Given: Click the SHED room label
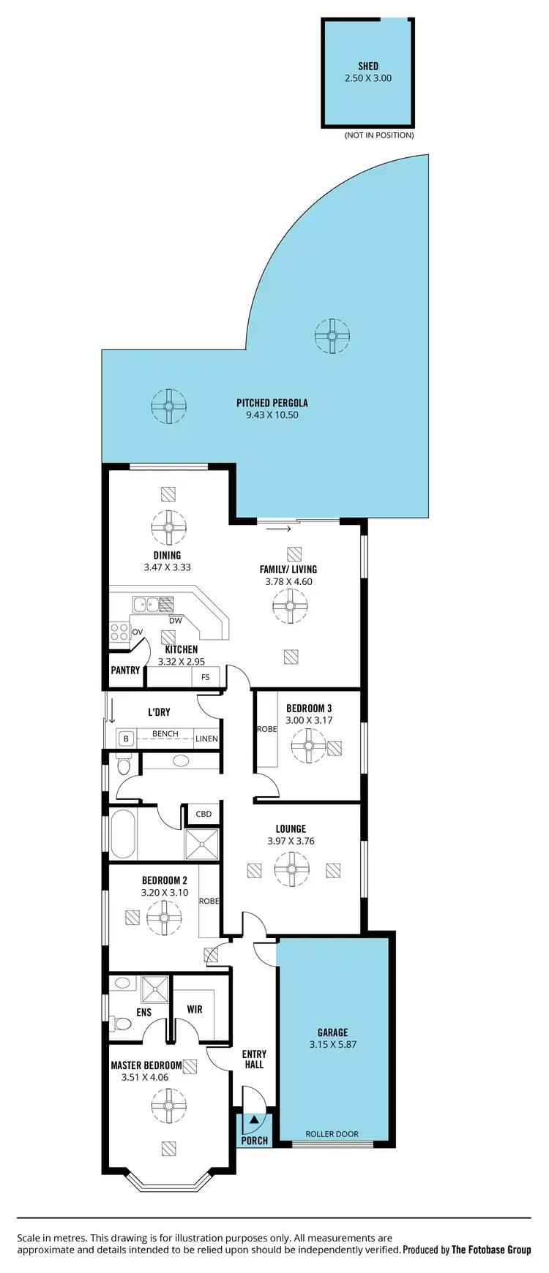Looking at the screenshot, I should [x=368, y=66].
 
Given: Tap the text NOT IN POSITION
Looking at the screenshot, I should [x=379, y=135].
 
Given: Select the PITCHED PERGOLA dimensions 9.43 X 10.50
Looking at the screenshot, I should [x=272, y=415].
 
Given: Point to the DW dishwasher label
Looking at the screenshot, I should [x=176, y=621].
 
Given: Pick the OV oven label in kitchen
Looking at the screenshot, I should [x=137, y=632].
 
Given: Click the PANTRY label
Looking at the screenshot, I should [x=125, y=670].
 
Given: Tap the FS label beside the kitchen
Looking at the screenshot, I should [x=206, y=677].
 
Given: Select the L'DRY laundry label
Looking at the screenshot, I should [x=159, y=711].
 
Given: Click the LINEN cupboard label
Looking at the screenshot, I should [x=206, y=739].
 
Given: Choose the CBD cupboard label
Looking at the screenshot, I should [x=204, y=814].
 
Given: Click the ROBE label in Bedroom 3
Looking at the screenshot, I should [x=266, y=729].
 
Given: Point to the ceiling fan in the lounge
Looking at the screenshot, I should [x=291, y=870].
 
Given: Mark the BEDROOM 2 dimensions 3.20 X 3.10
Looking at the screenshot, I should [x=165, y=893].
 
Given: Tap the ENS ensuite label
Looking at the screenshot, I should [x=144, y=1012].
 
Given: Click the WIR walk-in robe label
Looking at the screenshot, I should [x=195, y=1009].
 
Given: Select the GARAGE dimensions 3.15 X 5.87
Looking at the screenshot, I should [x=333, y=1044].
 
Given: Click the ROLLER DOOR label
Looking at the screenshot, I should [x=332, y=1134].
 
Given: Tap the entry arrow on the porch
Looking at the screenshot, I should [x=254, y=1119].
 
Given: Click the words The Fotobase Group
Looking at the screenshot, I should [x=491, y=1250].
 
